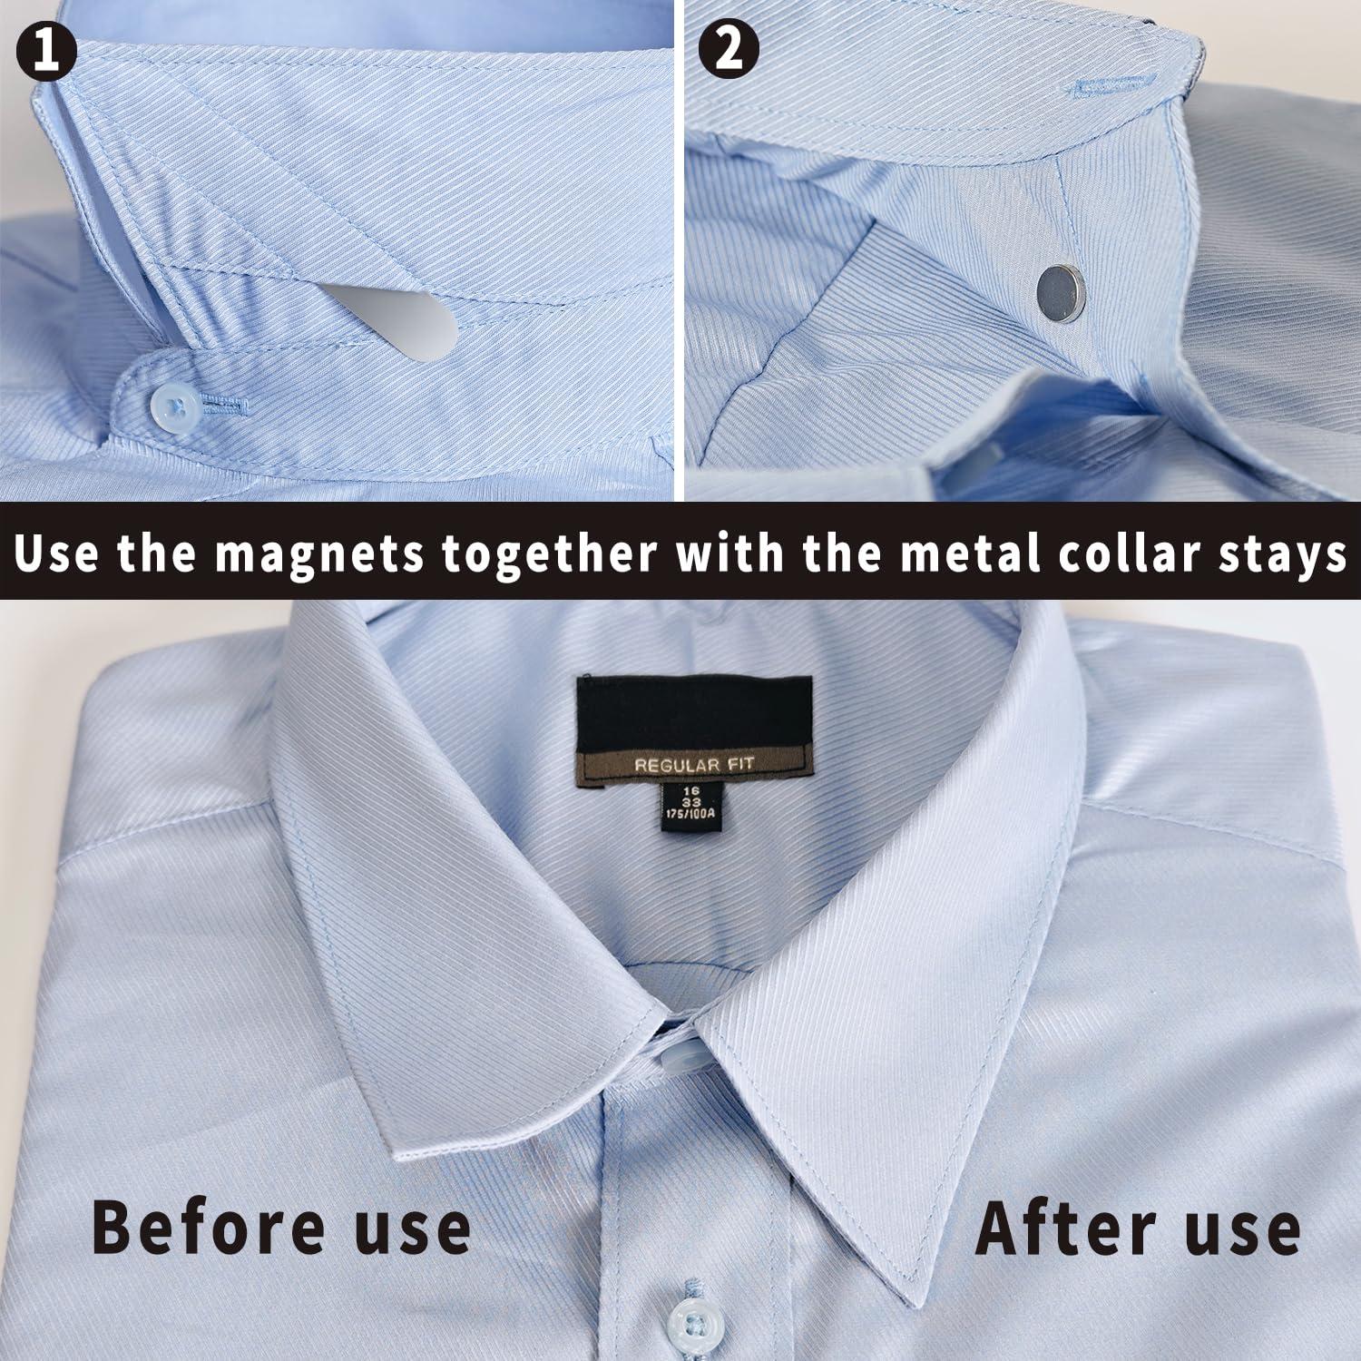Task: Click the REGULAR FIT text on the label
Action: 693,766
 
